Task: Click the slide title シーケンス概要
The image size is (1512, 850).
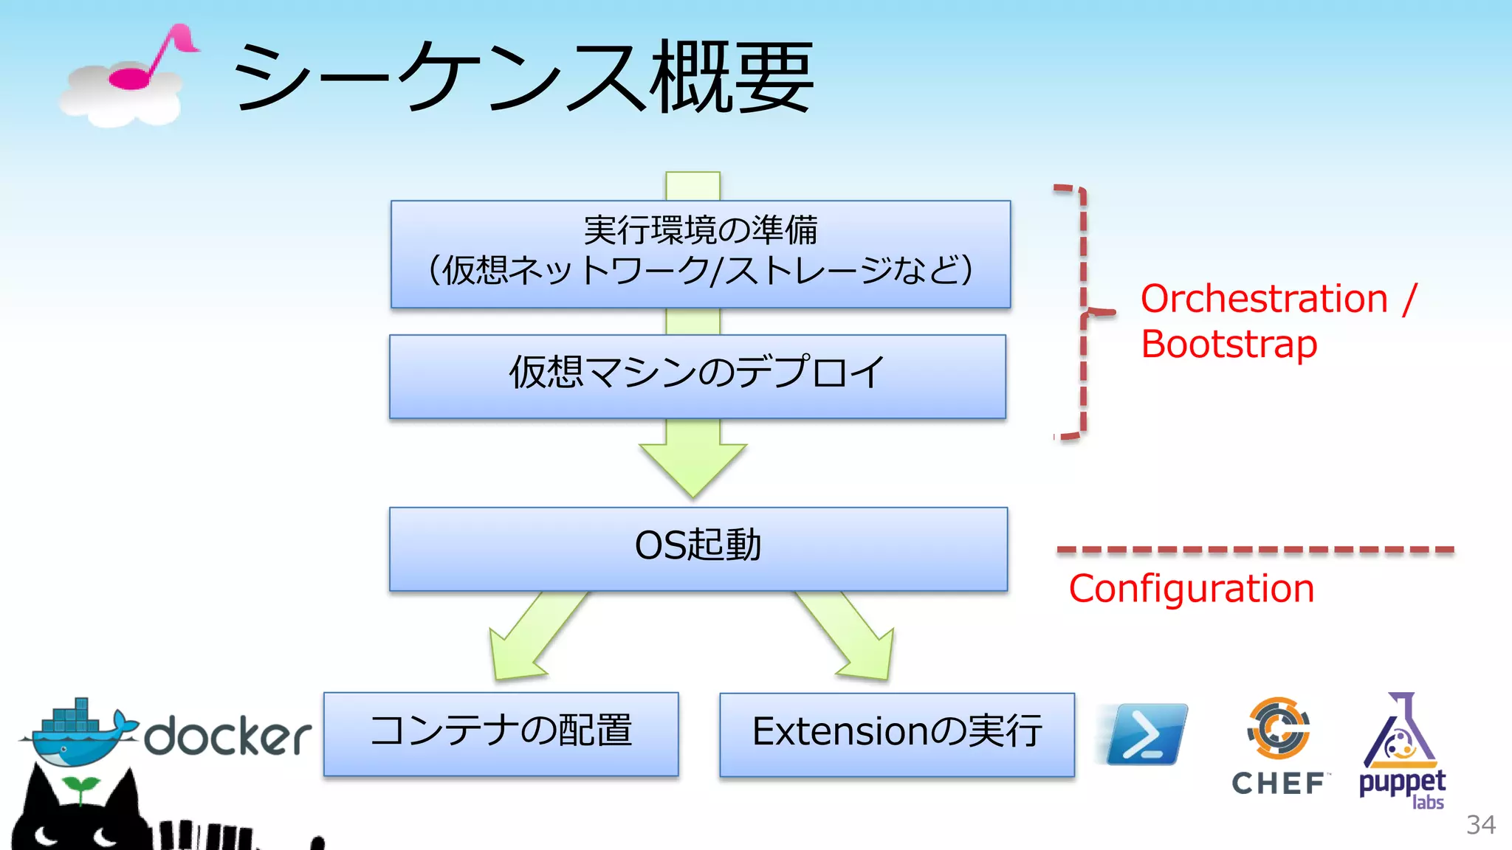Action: (x=523, y=77)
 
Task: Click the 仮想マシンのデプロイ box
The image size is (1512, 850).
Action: (x=697, y=376)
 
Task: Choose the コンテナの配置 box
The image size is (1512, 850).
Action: (x=501, y=733)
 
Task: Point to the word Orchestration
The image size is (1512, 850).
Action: (x=1264, y=299)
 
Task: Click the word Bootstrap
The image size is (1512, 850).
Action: (x=1228, y=345)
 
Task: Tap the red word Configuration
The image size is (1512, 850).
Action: (x=1191, y=589)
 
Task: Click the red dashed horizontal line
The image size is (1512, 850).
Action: (x=1255, y=550)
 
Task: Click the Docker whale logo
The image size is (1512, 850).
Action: (x=78, y=733)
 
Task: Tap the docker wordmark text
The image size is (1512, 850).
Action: (x=227, y=736)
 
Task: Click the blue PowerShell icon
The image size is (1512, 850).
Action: (x=1146, y=734)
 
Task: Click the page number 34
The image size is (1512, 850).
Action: (x=1480, y=824)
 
